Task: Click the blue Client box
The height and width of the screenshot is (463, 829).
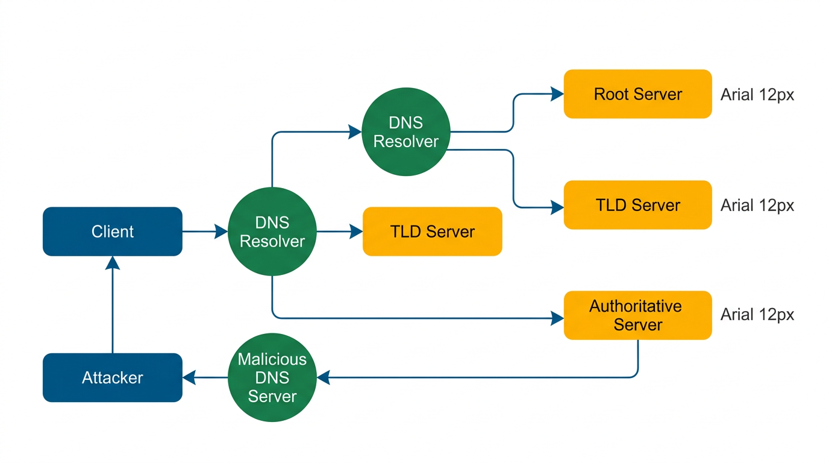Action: click(x=112, y=231)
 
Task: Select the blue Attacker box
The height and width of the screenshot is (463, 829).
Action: click(x=112, y=377)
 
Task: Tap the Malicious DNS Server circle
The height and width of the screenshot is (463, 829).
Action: click(x=272, y=378)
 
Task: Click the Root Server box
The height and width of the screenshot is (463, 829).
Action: click(x=637, y=94)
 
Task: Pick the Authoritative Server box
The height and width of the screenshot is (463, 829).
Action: click(x=637, y=315)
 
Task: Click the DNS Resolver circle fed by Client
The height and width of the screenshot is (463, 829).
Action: click(x=272, y=232)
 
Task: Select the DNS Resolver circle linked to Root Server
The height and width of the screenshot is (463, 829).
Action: click(x=406, y=132)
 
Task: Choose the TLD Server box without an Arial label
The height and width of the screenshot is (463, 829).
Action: click(x=432, y=231)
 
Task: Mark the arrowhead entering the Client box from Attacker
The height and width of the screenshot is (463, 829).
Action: click(x=113, y=263)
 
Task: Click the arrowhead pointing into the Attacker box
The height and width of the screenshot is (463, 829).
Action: click(x=190, y=377)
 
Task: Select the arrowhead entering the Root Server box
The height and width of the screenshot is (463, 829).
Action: click(x=557, y=94)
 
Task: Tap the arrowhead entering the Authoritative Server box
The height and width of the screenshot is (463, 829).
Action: click(x=557, y=318)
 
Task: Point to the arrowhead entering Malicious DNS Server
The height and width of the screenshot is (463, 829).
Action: click(x=324, y=377)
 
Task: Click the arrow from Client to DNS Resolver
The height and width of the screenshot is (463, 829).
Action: click(x=205, y=231)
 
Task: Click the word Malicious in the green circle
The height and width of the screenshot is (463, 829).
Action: click(x=272, y=359)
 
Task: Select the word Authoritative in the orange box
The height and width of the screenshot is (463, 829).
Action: click(x=635, y=306)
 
